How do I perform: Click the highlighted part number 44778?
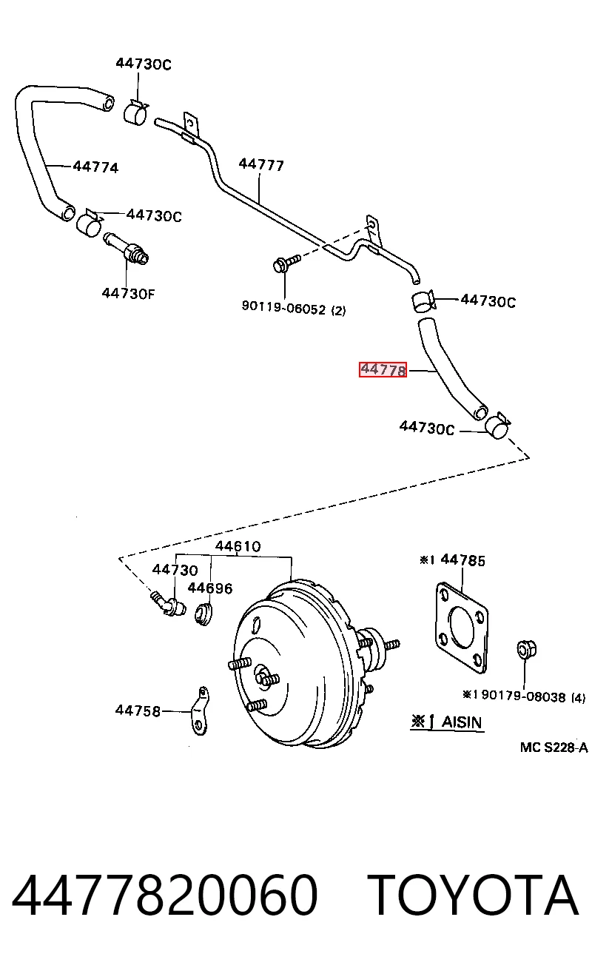[383, 370]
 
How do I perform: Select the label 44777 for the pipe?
[261, 165]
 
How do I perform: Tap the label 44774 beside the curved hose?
[95, 167]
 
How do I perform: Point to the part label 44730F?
[128, 294]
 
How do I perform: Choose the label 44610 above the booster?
[238, 545]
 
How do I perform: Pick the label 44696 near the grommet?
[210, 588]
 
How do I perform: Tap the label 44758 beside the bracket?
[138, 711]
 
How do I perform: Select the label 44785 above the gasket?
[462, 560]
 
